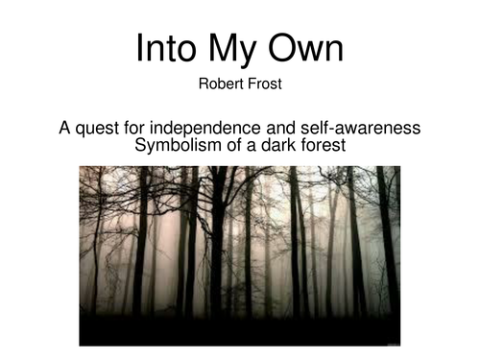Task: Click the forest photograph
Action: click(239, 254)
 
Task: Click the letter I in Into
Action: click(139, 50)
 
